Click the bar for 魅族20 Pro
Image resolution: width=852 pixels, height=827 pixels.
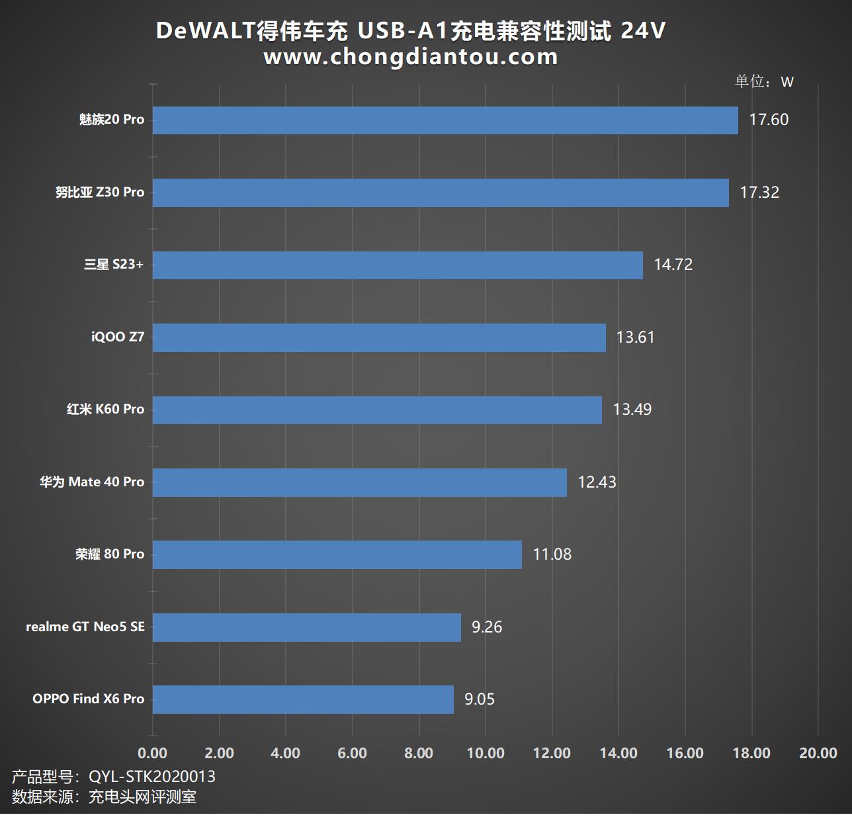pyautogui.click(x=445, y=120)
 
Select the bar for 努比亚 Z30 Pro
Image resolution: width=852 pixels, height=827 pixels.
pyautogui.click(x=441, y=193)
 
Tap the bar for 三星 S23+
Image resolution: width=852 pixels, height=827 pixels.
pyautogui.click(x=398, y=265)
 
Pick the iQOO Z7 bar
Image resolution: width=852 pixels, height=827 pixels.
pyautogui.click(x=379, y=337)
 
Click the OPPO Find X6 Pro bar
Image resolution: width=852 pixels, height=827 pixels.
pyautogui.click(x=303, y=699)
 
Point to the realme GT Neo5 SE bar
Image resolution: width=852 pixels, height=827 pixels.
pyautogui.click(x=306, y=627)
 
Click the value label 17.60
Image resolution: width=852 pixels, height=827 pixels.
pyautogui.click(x=769, y=120)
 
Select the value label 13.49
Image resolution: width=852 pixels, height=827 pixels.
pyautogui.click(x=632, y=410)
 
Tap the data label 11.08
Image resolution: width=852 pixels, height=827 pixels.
pyautogui.click(x=552, y=554)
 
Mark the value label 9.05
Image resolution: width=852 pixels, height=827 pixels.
pyautogui.click(x=479, y=699)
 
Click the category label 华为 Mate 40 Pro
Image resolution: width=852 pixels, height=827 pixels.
pyautogui.click(x=92, y=482)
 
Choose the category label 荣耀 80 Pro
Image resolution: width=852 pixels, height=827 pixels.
pyautogui.click(x=110, y=554)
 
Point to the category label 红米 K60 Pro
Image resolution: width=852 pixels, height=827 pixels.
pyautogui.click(x=105, y=410)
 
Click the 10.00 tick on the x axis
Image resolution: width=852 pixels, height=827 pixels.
pyautogui.click(x=486, y=753)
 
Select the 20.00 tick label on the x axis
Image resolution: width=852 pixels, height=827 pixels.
pyautogui.click(x=818, y=753)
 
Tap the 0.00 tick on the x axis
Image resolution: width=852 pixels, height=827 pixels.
pyautogui.click(x=153, y=753)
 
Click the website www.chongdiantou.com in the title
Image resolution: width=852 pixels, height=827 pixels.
pyautogui.click(x=411, y=57)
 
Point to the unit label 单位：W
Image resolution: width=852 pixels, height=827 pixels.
pyautogui.click(x=764, y=81)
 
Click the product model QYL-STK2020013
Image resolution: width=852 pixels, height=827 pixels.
pyautogui.click(x=152, y=776)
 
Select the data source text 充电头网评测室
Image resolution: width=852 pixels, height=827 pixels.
pyautogui.click(x=142, y=797)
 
